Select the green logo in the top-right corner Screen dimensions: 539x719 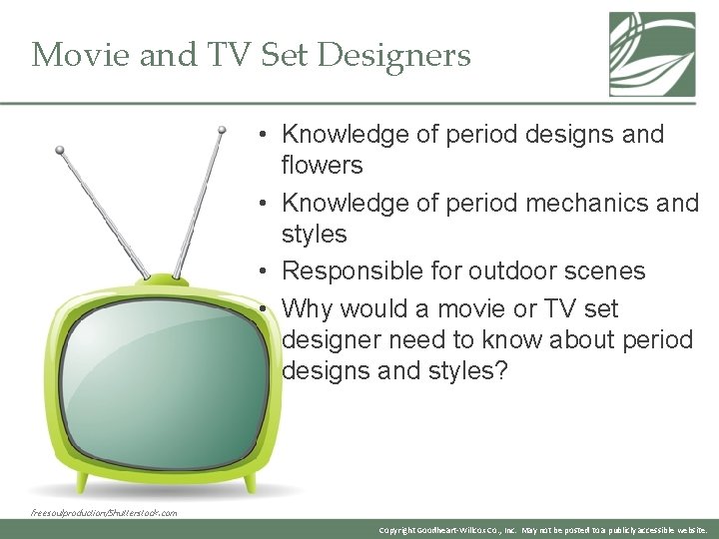click(x=652, y=54)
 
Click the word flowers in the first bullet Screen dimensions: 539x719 click(x=322, y=165)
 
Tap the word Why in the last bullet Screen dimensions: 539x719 click(x=305, y=308)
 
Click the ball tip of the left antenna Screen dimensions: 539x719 click(x=60, y=151)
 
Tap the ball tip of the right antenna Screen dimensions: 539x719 click(x=223, y=129)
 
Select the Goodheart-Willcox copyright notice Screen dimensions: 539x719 click(x=544, y=530)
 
